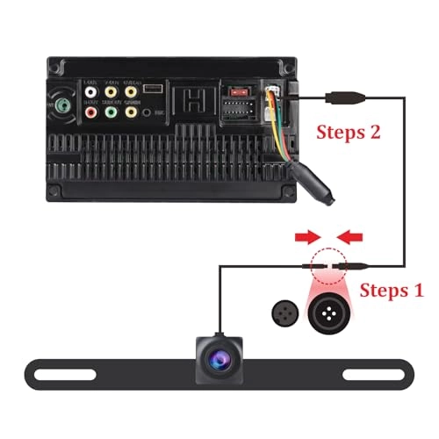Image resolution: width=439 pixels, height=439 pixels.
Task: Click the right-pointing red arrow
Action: [305, 235]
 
